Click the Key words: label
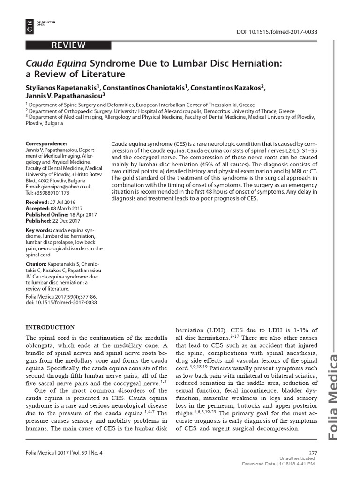coord(39,231)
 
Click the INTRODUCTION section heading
coord(50,327)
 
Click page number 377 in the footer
coord(314,453)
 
